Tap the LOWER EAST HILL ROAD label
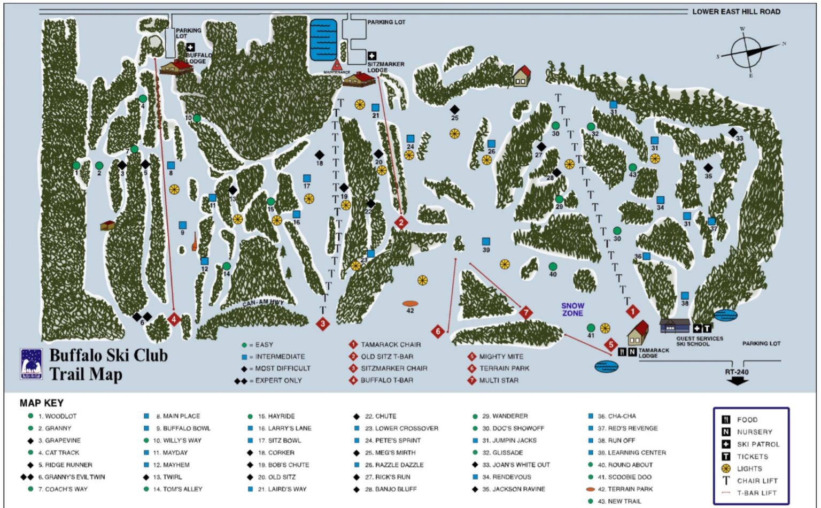pos(736,11)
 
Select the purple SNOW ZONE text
pos(572,309)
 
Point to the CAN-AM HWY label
pos(263,303)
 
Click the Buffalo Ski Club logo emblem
pos(31,364)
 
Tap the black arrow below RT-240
pos(737,381)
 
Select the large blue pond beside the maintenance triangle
pos(323,40)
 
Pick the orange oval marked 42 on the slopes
pos(410,304)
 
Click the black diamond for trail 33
pos(733,132)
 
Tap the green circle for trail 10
pos(197,118)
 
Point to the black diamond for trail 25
pos(454,110)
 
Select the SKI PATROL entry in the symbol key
pos(757,444)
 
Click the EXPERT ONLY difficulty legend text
pos(278,380)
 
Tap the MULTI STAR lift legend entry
pos(498,380)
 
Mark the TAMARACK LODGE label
pos(653,353)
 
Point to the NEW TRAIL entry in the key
pos(624,501)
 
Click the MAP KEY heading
pos(42,403)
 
